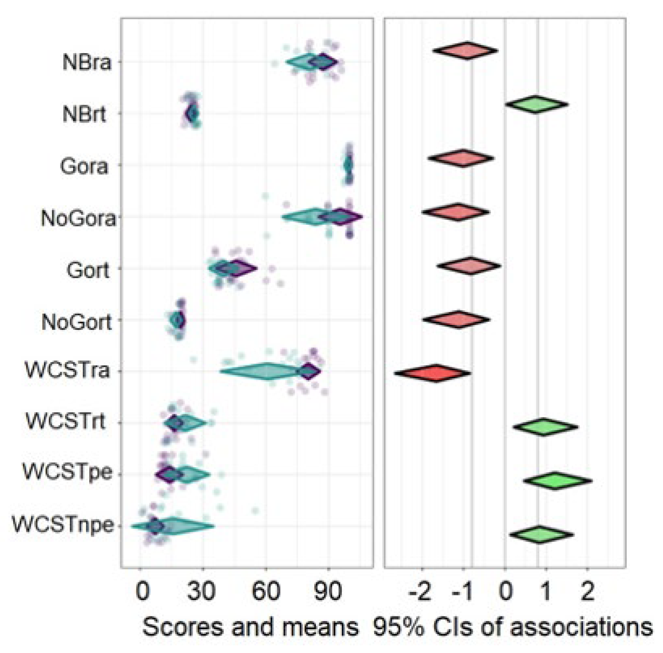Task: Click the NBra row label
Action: click(87, 63)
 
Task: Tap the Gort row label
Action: click(88, 271)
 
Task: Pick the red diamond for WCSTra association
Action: click(433, 373)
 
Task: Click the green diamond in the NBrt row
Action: click(536, 104)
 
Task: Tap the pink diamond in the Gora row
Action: click(461, 158)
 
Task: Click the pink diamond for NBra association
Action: click(466, 51)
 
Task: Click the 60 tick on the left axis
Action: click(266, 592)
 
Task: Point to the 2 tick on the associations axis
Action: click(587, 592)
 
